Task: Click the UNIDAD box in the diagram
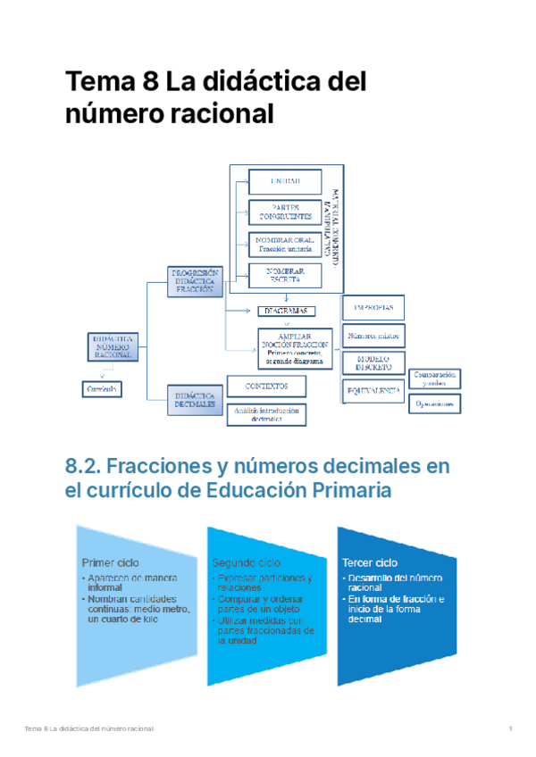(285, 181)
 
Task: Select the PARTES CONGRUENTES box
(285, 212)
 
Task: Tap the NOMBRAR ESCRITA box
(285, 276)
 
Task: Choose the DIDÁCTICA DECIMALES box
(195, 399)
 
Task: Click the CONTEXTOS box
(266, 386)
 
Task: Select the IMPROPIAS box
(373, 307)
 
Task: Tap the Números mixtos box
(373, 336)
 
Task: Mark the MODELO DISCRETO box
(373, 362)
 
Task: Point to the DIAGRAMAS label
(285, 311)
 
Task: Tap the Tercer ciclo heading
(369, 563)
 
